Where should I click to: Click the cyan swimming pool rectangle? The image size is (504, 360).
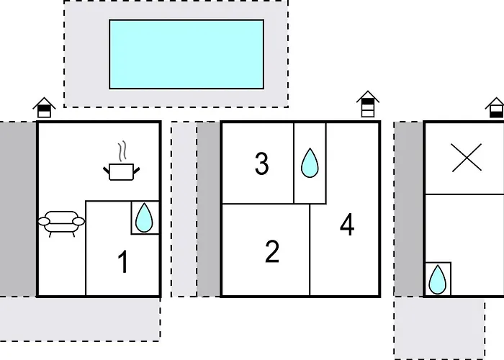(186, 54)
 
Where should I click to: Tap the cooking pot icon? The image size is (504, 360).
(122, 171)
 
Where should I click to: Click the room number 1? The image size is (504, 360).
(123, 262)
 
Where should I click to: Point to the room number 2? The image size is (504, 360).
(272, 252)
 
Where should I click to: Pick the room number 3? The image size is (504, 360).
(261, 163)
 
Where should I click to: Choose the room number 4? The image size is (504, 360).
(347, 225)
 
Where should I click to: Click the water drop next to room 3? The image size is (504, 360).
(310, 163)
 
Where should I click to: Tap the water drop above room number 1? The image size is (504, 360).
(144, 217)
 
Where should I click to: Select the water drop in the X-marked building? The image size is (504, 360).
(438, 279)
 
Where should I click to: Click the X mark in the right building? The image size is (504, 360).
(467, 158)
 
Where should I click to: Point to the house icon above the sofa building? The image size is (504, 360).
(45, 108)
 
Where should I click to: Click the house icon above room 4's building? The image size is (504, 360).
(368, 104)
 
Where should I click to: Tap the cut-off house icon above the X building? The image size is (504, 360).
(495, 108)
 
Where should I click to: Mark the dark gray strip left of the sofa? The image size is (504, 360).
(18, 209)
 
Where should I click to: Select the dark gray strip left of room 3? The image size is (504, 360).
(209, 210)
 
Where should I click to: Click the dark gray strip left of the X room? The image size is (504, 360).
(409, 210)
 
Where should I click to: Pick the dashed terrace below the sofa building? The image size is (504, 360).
(80, 319)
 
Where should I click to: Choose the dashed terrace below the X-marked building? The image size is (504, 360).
(439, 328)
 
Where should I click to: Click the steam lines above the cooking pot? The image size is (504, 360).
(122, 151)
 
